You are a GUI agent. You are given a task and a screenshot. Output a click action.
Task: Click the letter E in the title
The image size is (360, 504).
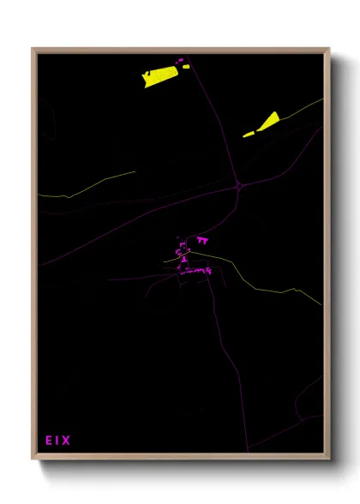click(x=49, y=441)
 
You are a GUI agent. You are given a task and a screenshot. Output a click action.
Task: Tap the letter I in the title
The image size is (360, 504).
click(x=57, y=441)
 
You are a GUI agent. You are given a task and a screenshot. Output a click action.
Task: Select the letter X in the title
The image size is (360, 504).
click(x=66, y=441)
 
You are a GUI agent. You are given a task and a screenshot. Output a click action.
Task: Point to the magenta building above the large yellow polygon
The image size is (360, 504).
click(x=180, y=60)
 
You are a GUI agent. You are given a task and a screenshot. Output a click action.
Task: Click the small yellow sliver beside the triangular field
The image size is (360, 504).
click(x=249, y=134)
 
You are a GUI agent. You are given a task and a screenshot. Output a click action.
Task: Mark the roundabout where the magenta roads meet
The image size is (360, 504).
click(x=238, y=184)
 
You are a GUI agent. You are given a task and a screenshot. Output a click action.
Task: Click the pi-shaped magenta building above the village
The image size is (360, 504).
click(x=203, y=240)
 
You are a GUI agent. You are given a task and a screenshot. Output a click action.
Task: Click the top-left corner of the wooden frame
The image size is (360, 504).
click(x=33, y=49)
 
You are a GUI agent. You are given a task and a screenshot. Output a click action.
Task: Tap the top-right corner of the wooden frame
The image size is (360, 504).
click(x=329, y=49)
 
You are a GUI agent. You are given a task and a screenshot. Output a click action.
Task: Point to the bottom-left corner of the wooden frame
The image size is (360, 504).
click(x=33, y=459)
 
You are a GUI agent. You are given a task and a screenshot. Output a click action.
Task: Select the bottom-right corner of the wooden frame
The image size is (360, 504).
click(x=329, y=459)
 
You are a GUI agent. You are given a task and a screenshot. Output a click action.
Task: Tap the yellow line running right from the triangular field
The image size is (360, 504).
click(x=300, y=109)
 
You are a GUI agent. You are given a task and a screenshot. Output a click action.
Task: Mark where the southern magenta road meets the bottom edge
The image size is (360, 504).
click(x=248, y=451)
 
